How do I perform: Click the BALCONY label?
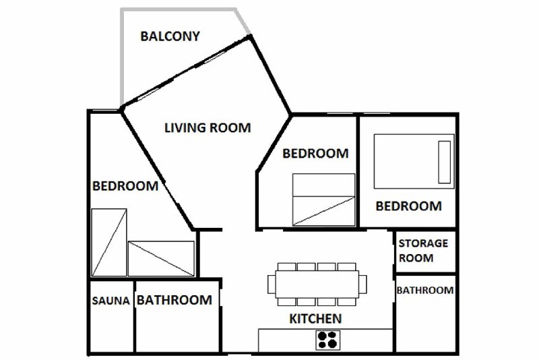[x=170, y=36]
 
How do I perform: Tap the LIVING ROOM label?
[x=208, y=128]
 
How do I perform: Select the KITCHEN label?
[x=315, y=319]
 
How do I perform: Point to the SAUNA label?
[x=110, y=301]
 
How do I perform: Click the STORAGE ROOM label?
[x=423, y=251]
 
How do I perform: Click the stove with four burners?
[x=328, y=340]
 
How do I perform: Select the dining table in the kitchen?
[x=317, y=284]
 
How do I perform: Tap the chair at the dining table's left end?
[x=272, y=284]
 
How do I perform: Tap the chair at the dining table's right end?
[x=362, y=284]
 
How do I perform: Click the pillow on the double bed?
[x=444, y=162]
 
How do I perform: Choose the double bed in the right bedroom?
[x=414, y=161]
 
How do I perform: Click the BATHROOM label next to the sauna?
[x=175, y=300]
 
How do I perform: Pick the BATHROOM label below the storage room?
[x=425, y=290]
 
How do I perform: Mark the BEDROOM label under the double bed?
[x=409, y=206]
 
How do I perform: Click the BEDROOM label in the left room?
[x=125, y=186]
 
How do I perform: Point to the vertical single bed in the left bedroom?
[x=109, y=243]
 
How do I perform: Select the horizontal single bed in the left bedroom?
[x=161, y=259]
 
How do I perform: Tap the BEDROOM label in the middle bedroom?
[x=315, y=153]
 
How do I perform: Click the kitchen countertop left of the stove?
[x=287, y=340]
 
